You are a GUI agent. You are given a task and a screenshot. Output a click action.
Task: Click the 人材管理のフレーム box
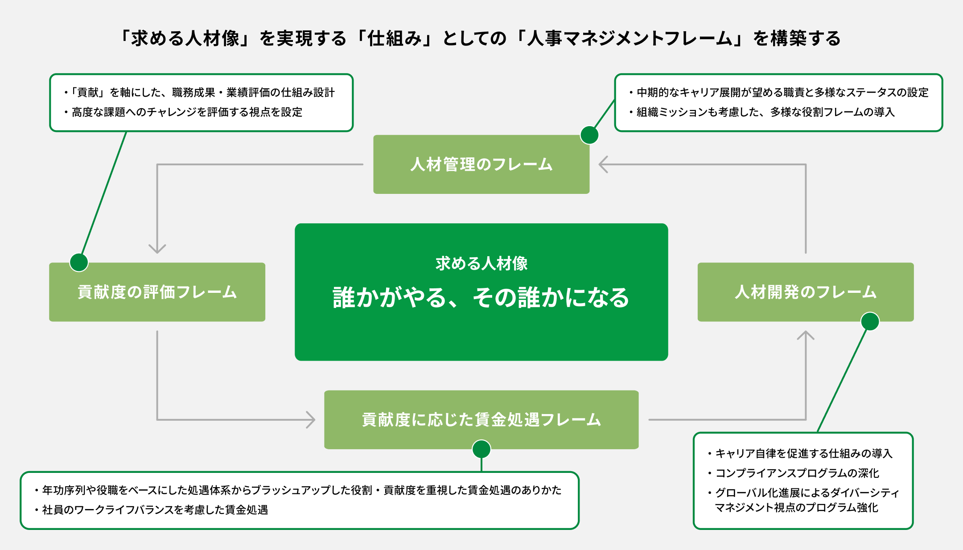pos(481,164)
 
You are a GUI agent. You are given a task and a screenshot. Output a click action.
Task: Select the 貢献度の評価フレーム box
pos(157,292)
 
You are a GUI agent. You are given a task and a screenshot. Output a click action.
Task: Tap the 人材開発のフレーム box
pos(805,292)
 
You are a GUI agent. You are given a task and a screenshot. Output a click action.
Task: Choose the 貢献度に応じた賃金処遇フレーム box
pos(481,420)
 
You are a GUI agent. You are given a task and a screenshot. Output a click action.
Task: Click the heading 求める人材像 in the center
pos(481,263)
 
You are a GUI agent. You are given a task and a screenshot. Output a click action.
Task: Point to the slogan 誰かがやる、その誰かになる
pos(481,298)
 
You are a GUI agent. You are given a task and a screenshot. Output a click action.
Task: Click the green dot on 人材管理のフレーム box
pos(589,135)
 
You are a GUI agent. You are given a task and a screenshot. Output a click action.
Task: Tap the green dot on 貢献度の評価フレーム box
pos(79,262)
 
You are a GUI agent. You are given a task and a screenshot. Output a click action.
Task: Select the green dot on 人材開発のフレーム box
pos(870,321)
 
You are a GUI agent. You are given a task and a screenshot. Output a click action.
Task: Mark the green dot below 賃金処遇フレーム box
pos(481,449)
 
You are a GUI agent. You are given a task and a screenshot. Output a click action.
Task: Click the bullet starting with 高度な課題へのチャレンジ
pos(186,112)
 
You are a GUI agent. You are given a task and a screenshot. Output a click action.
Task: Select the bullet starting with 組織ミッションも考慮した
pos(765,112)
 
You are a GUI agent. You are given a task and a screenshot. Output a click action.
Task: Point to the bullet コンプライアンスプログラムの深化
pos(797,473)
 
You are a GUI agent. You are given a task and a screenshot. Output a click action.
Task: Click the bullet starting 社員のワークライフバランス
pos(155,510)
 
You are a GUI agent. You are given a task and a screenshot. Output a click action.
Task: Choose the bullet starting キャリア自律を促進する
pos(803,453)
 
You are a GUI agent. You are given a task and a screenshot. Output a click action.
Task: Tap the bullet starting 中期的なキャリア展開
pos(782,92)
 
